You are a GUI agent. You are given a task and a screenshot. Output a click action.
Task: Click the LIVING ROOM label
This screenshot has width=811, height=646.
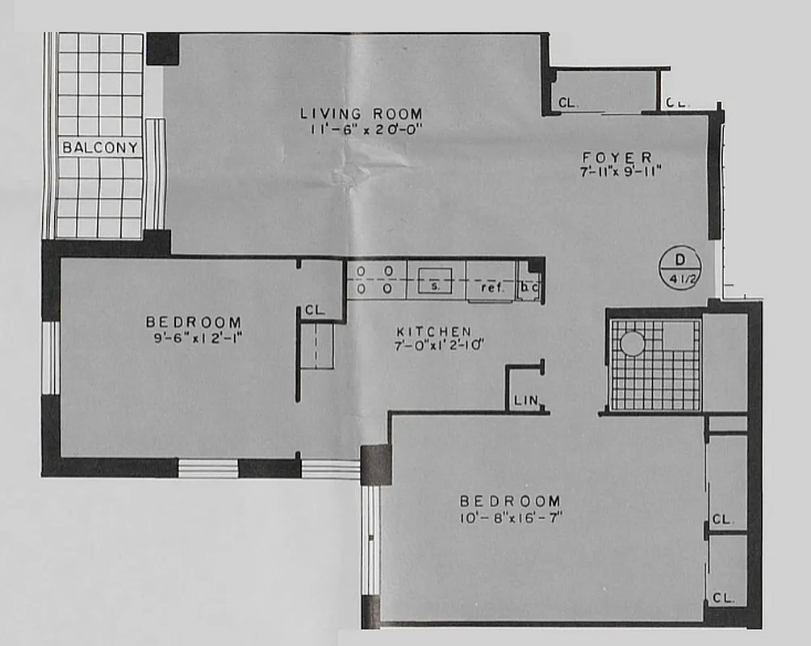[x=361, y=114]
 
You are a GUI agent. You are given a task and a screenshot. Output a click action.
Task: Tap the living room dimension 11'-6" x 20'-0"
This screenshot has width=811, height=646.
[x=361, y=129]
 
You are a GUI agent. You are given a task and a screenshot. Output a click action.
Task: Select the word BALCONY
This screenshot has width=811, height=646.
[x=101, y=148]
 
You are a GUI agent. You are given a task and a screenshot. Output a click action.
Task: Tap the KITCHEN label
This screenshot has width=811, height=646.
[x=433, y=331]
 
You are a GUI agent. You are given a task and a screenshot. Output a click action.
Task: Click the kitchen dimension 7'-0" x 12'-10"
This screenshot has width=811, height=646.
[x=433, y=346]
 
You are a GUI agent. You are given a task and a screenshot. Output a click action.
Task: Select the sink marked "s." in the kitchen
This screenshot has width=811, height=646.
[x=433, y=285]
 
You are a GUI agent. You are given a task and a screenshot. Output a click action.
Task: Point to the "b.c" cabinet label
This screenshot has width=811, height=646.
[x=529, y=287]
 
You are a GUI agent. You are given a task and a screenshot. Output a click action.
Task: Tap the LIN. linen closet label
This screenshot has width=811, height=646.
[x=525, y=401]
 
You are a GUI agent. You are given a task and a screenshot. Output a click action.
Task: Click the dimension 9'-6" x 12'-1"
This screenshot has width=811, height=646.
[x=194, y=338]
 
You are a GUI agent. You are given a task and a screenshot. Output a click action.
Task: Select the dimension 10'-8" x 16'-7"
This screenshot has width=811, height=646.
[x=511, y=517]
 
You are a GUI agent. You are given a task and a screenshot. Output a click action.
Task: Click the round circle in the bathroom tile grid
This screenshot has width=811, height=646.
[x=633, y=344]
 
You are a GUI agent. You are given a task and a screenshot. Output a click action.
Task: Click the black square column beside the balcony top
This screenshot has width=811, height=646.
[x=162, y=48]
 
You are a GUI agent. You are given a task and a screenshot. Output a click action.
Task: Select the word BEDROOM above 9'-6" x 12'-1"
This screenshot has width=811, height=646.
[x=194, y=322]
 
